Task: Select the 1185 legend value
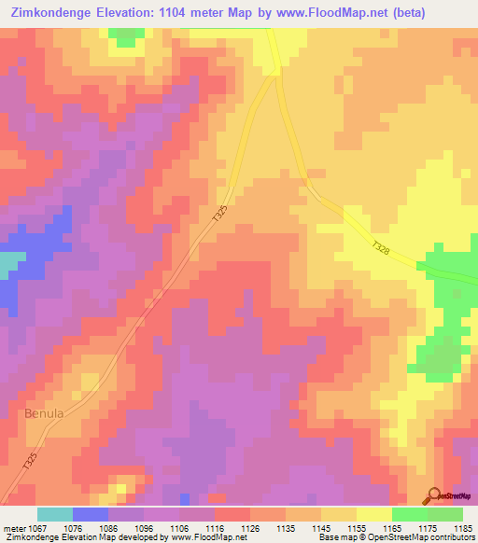pyautogui.click(x=463, y=527)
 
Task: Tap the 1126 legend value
pyautogui.click(x=249, y=527)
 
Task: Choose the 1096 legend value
pyautogui.click(x=143, y=527)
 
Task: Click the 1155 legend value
pyautogui.click(x=357, y=527)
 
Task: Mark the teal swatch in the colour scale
pyautogui.click(x=55, y=514)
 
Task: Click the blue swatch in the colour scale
pyautogui.click(x=91, y=514)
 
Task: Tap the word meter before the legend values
pyautogui.click(x=12, y=527)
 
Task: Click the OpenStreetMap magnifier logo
pyautogui.click(x=434, y=494)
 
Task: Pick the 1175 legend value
pyautogui.click(x=428, y=527)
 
